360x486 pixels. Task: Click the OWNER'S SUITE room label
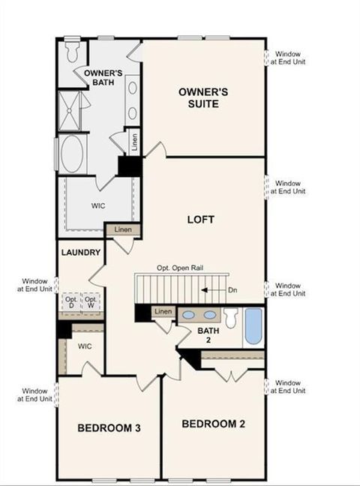pos(199,97)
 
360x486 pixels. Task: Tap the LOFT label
pos(201,220)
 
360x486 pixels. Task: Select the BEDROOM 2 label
pos(214,424)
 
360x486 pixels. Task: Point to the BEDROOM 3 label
pos(109,428)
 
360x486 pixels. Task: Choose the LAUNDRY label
pos(81,253)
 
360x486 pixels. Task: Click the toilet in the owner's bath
pos(73,50)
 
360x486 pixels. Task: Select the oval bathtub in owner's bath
pos(73,155)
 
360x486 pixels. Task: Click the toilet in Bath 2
pos(230,319)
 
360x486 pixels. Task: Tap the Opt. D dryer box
pos(70,304)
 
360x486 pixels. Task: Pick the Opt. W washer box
pos(91,304)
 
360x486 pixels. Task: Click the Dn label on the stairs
pos(232,289)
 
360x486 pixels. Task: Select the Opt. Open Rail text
pos(181,268)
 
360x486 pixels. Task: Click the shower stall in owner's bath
pos(72,111)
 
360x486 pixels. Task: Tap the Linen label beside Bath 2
pos(162,311)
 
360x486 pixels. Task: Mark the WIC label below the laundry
pos(84,346)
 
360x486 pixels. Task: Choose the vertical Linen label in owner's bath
pos(134,142)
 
